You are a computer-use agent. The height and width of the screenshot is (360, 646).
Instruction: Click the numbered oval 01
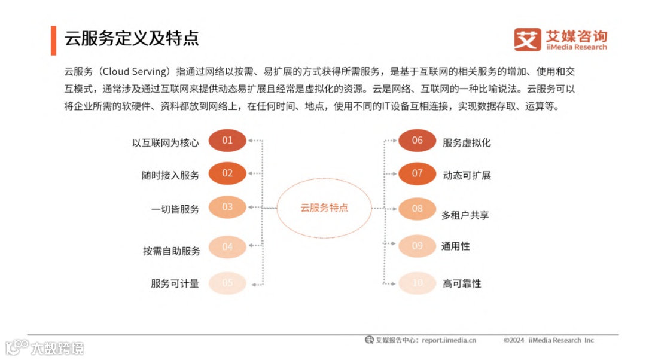[x=227, y=141]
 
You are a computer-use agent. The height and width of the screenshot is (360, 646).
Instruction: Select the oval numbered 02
[x=227, y=173]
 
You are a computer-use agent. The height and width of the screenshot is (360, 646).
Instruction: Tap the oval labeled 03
[x=227, y=207]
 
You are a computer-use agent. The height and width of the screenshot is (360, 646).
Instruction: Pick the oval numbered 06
[x=418, y=141]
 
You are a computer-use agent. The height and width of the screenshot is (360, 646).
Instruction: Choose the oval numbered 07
[x=418, y=173]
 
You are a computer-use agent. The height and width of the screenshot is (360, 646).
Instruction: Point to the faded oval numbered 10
[x=418, y=283]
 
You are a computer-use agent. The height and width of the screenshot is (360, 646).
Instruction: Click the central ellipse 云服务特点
[x=324, y=208]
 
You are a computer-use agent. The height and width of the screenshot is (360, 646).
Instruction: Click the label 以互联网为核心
[x=166, y=143]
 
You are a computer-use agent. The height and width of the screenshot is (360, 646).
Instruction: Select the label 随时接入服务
[x=170, y=175]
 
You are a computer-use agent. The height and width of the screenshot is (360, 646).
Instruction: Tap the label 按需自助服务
[x=171, y=251]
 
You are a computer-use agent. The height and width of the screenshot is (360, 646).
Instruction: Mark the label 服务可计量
[x=175, y=283]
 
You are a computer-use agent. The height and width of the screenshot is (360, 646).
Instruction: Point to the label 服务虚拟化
[x=467, y=143]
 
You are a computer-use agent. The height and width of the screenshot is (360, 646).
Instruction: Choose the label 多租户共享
[x=465, y=215]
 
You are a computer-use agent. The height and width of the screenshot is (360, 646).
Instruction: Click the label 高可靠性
[x=462, y=283]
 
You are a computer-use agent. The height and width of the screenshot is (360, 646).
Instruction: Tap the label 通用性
[x=456, y=246]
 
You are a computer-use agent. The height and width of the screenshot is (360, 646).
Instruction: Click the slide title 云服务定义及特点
[x=132, y=38]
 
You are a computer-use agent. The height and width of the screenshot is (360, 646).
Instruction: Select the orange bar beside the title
[x=54, y=39]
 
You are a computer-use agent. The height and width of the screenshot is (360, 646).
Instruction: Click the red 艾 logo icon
[x=527, y=39]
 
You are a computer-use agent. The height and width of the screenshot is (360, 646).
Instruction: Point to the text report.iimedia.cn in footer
[x=449, y=340]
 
